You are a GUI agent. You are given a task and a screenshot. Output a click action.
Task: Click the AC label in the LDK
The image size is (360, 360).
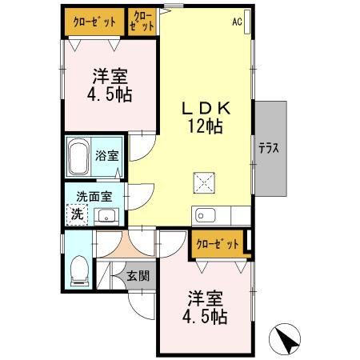238,22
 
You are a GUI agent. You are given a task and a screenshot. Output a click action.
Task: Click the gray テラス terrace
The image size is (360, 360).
270,148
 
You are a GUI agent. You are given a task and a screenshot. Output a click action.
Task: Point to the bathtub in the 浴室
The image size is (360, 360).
78,158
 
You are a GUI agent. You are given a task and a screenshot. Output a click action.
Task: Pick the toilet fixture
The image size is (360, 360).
78,270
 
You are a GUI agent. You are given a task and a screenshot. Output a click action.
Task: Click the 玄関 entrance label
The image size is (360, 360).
137,277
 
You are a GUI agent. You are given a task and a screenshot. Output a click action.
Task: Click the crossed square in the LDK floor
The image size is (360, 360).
204,182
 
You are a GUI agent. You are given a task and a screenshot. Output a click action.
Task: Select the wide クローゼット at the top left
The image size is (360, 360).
94,22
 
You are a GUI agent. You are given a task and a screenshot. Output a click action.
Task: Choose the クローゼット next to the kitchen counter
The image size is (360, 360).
218,245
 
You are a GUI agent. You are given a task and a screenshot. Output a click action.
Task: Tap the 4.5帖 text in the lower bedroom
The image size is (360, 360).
205,316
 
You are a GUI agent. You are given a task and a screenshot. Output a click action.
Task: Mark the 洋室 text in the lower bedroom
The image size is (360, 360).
205,298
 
